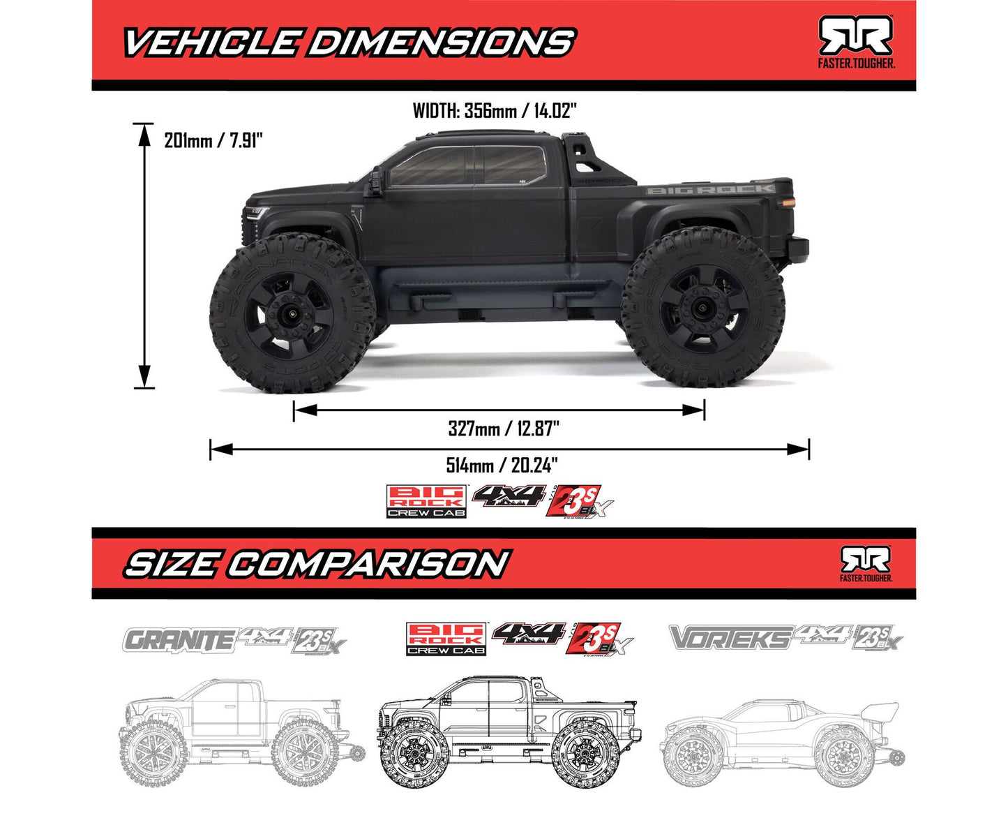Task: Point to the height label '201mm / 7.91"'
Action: tap(213, 140)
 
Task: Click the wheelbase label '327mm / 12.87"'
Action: tap(504, 428)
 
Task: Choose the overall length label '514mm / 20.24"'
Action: tap(502, 465)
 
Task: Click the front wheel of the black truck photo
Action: tap(292, 314)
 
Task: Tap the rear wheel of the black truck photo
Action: tap(703, 309)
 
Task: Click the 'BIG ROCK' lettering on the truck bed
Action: tap(709, 189)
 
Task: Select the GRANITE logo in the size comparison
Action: tap(178, 639)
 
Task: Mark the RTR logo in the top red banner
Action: tap(855, 40)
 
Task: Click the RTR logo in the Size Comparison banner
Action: tap(865, 563)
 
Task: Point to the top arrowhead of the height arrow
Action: tap(144, 133)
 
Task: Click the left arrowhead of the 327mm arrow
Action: tap(303, 410)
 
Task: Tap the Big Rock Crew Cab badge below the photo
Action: tap(427, 502)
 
